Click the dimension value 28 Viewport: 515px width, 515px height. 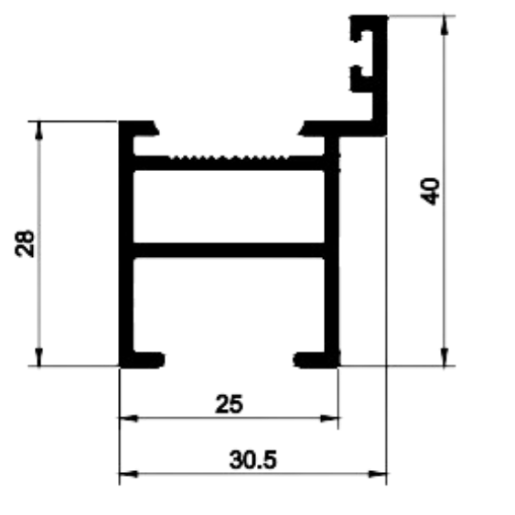[25, 243]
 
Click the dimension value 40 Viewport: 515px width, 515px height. [430, 191]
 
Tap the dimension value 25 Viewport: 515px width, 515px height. [230, 403]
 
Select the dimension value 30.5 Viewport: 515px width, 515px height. [252, 460]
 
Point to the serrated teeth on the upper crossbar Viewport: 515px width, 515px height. [229, 157]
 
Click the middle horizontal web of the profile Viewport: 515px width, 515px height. [229, 251]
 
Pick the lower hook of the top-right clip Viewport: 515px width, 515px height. [360, 79]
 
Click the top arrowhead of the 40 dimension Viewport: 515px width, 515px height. [445, 25]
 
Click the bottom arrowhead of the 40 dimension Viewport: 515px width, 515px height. [445, 356]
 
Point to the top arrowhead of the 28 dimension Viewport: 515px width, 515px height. [39, 131]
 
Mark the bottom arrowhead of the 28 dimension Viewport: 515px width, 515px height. [39, 356]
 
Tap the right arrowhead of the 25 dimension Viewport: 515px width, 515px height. [329, 418]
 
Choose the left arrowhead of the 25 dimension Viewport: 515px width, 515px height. [129, 418]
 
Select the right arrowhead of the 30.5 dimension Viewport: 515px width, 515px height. [378, 474]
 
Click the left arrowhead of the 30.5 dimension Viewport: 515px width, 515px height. [129, 474]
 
